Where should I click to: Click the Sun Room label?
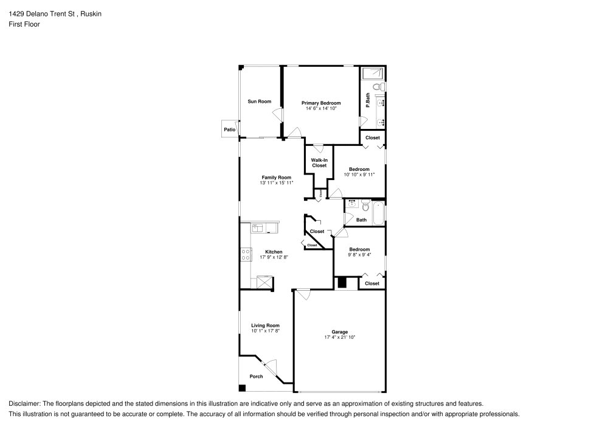[x=259, y=102]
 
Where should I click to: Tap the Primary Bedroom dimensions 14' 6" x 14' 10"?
[x=321, y=109]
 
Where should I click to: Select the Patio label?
[x=229, y=130]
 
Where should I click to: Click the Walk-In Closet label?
[x=319, y=163]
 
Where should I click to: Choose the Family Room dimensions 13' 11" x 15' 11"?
[x=277, y=182]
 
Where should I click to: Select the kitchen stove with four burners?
[x=246, y=254]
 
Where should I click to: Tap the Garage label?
[x=339, y=331]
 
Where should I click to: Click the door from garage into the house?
[x=302, y=294]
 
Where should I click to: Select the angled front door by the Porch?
[x=269, y=367]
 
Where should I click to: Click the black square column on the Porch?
[x=242, y=388]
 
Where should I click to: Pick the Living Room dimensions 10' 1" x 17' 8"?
[x=265, y=331]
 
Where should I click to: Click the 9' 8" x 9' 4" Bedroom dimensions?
[x=359, y=255]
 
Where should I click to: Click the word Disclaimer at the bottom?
[x=24, y=403]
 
